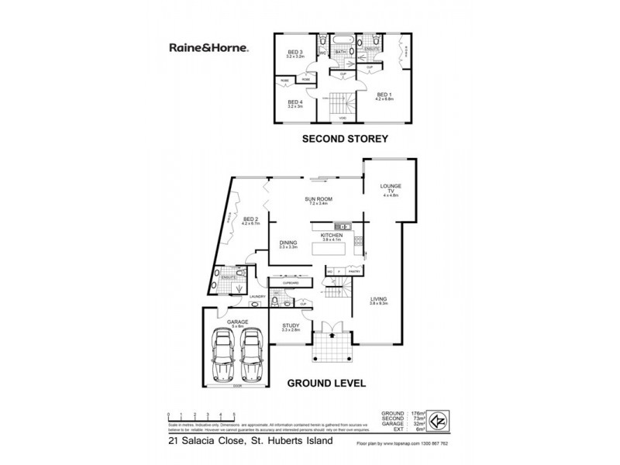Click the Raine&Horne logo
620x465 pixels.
[209, 47]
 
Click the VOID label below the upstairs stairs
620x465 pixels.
[342, 117]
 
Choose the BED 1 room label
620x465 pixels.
[385, 96]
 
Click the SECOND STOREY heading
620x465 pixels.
[344, 140]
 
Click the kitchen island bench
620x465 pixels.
[329, 251]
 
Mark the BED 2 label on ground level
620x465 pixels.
[249, 220]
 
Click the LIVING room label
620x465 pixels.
[379, 299]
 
